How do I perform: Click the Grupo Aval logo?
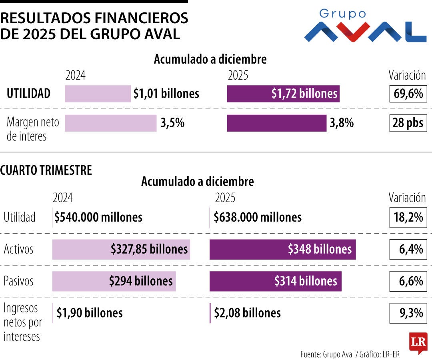click(365, 26)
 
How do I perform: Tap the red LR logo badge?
click(418, 342)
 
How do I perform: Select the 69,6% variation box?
click(408, 94)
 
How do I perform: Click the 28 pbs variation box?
click(408, 123)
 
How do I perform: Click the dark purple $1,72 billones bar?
click(283, 94)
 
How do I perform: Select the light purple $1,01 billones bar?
click(98, 94)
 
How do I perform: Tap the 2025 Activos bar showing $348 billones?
click(282, 249)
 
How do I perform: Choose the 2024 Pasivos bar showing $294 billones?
click(114, 281)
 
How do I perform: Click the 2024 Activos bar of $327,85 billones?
click(121, 249)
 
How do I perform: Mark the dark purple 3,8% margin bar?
click(276, 123)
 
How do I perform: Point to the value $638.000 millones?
click(258, 218)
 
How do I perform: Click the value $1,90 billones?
click(90, 313)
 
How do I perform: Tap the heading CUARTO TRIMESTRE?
click(46, 170)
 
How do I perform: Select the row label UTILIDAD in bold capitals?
click(28, 94)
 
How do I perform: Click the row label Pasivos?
click(19, 281)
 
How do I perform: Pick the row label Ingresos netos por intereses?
click(22, 322)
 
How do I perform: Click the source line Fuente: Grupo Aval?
click(350, 354)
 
